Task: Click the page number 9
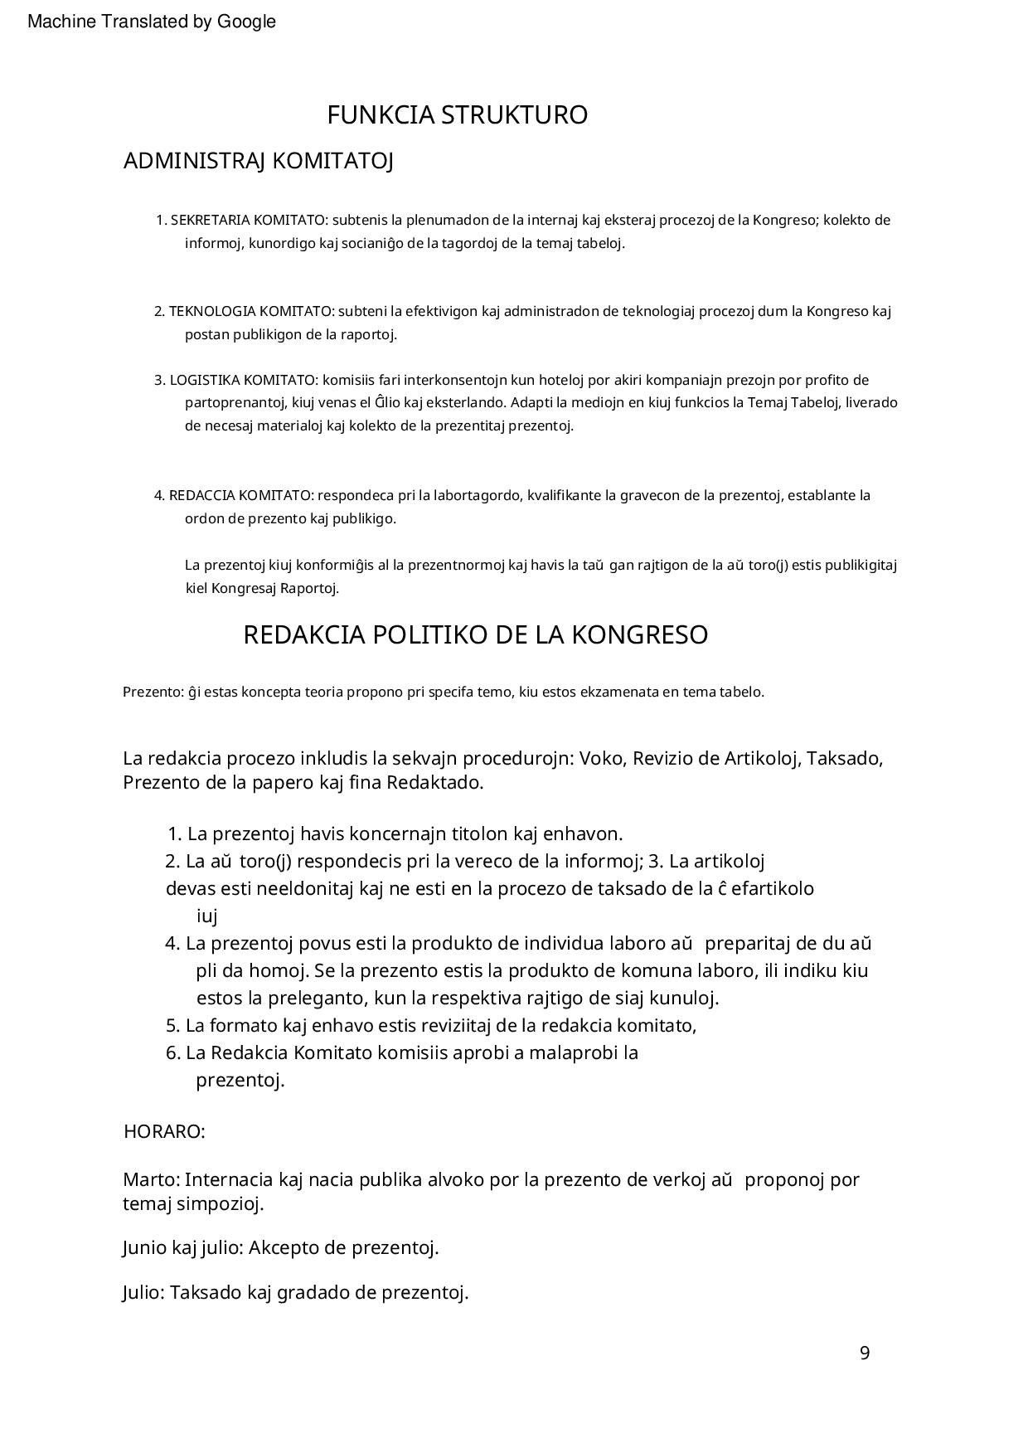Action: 865,1353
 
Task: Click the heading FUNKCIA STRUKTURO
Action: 457,115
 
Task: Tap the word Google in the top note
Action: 246,22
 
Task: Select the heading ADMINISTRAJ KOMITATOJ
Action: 258,161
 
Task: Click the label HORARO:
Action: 164,1132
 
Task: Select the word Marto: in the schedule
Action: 151,1180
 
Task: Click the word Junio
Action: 144,1248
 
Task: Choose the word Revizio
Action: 663,759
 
